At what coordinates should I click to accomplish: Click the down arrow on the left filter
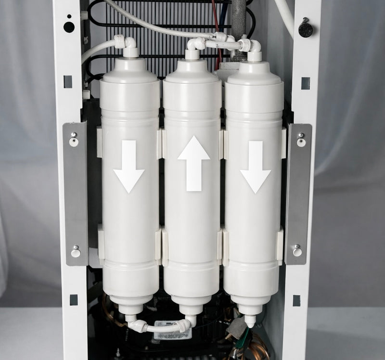tap(129, 167)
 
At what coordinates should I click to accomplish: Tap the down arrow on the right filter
tap(256, 167)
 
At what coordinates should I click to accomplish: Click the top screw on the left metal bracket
tap(73, 141)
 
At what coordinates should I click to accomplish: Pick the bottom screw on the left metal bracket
tap(75, 252)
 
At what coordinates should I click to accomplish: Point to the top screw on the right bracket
tap(301, 141)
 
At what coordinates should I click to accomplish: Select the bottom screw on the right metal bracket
tap(297, 251)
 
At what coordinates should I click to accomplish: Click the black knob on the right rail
tap(306, 29)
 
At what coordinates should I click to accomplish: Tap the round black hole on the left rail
tap(69, 27)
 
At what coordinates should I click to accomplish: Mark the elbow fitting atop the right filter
tap(254, 46)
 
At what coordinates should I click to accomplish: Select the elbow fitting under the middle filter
tap(189, 323)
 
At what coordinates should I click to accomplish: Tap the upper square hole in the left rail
tap(68, 81)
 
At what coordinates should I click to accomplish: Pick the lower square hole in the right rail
tap(296, 300)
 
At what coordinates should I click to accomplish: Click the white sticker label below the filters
tap(172, 333)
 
